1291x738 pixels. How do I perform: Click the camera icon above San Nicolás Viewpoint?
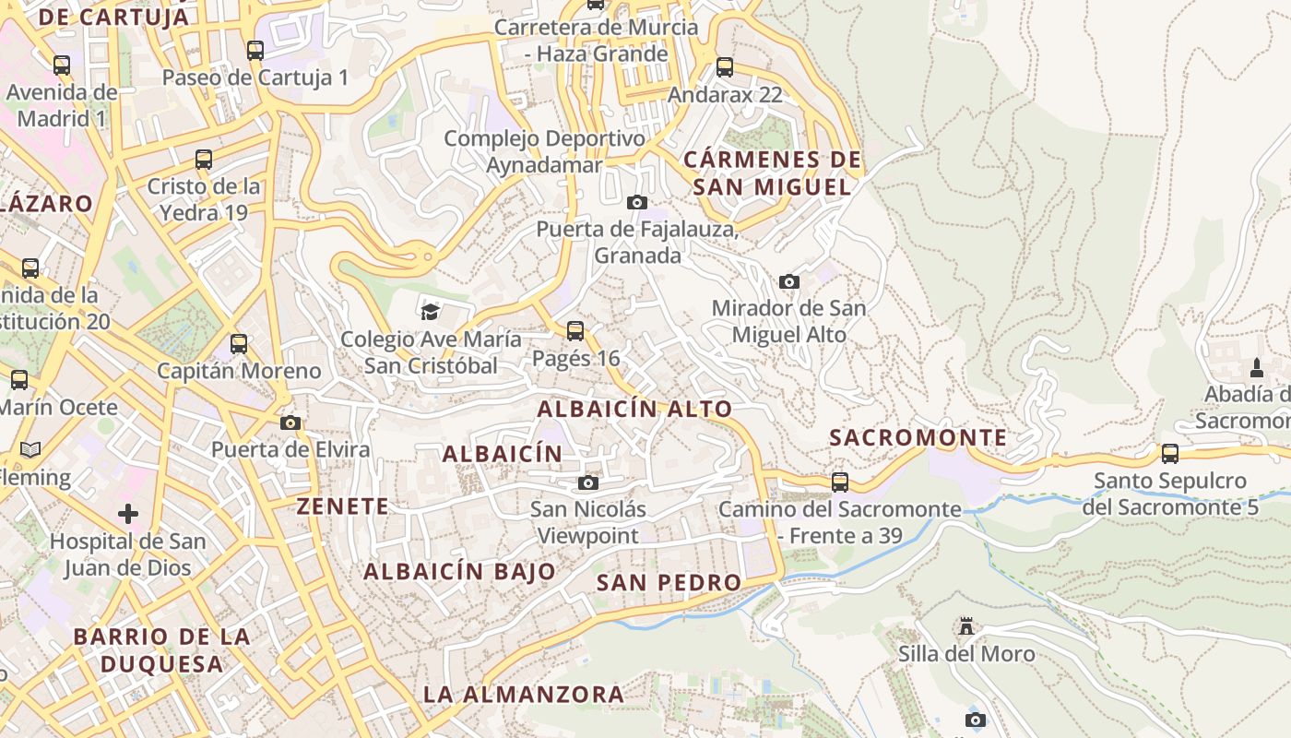coord(587,482)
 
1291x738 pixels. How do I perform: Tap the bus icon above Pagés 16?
coord(575,331)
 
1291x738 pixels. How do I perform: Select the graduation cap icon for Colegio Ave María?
coord(430,312)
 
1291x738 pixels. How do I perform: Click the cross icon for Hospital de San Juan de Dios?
coord(128,513)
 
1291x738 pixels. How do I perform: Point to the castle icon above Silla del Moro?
coord(965,626)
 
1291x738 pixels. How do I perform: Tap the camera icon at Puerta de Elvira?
coord(290,423)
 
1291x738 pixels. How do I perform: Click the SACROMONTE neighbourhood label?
coord(918,437)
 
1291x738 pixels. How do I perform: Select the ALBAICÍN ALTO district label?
coord(634,409)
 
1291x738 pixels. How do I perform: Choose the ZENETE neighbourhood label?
coord(342,506)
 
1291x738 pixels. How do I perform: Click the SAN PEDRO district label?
coord(669,582)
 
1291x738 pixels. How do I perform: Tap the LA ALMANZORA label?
coord(523,694)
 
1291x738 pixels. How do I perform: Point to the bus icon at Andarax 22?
coord(725,67)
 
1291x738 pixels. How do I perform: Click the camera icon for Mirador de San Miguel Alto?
coord(788,281)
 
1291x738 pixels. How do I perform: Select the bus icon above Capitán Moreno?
coord(239,344)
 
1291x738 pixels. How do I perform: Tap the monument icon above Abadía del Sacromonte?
coord(1256,368)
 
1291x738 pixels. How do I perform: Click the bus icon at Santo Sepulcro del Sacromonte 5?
coord(1169,454)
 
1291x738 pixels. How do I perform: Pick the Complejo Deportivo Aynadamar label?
coord(544,151)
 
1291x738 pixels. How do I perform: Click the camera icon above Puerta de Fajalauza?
coord(636,202)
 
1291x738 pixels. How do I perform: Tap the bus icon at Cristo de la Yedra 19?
coord(204,160)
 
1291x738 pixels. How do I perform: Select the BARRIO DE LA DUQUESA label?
coord(161,649)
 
